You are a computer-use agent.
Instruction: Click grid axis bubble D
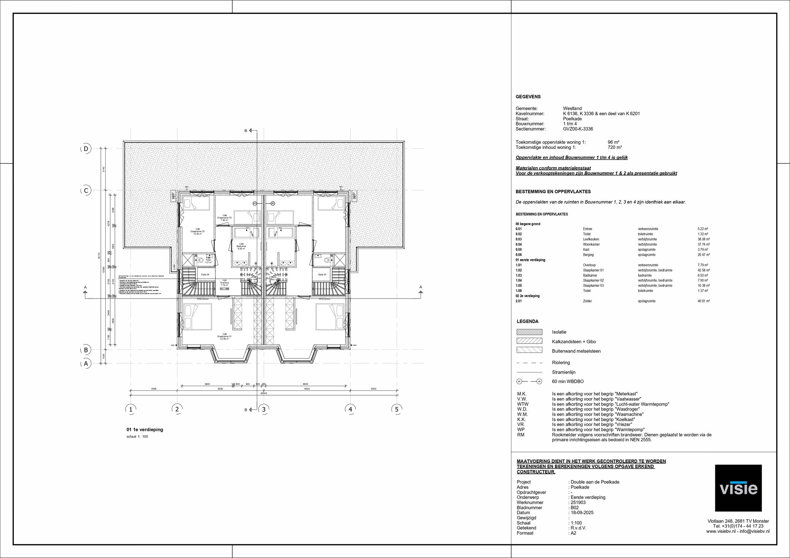click(86, 149)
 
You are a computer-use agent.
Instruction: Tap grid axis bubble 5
click(396, 409)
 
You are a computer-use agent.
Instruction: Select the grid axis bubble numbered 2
click(177, 409)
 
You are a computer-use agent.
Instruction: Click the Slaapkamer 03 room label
click(197, 231)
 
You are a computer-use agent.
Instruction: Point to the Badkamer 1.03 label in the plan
click(241, 246)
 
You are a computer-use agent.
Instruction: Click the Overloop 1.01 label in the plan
click(225, 283)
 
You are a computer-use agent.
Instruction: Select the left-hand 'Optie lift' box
click(205, 274)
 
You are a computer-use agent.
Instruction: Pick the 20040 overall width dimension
click(264, 393)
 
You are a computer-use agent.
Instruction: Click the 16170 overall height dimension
click(99, 256)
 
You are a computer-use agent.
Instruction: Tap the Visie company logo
click(738, 488)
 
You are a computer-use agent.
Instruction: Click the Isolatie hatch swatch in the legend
click(529, 332)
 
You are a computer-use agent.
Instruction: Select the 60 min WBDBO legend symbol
click(529, 381)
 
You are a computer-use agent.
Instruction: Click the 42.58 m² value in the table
click(703, 270)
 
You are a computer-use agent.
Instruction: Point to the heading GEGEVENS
click(528, 97)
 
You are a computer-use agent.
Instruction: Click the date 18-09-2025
click(582, 513)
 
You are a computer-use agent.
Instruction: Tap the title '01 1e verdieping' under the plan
click(145, 430)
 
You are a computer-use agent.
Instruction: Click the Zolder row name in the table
click(587, 301)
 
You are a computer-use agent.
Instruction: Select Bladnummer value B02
click(575, 508)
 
